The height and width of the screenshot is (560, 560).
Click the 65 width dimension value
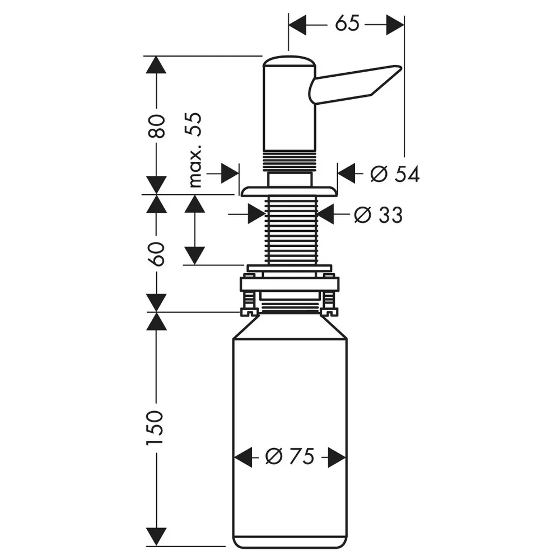coord(347,24)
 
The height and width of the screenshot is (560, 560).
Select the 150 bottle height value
coord(155,427)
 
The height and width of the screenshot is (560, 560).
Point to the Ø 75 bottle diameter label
coord(290,456)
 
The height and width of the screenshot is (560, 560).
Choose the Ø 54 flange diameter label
coord(395,174)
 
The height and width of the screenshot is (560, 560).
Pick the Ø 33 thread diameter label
coord(378,215)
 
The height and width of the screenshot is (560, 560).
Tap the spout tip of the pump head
coord(399,68)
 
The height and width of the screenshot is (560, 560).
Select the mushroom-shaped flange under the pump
coord(289,192)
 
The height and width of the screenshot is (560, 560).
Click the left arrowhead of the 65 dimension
coord(297,25)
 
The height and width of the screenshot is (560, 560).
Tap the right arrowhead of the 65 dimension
coord(395,25)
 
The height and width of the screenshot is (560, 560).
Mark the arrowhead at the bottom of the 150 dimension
coord(156,536)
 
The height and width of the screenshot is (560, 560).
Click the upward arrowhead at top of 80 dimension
coord(156,65)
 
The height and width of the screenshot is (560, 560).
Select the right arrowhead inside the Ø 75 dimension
coord(337,457)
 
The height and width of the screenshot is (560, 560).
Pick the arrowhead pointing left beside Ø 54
coord(347,174)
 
